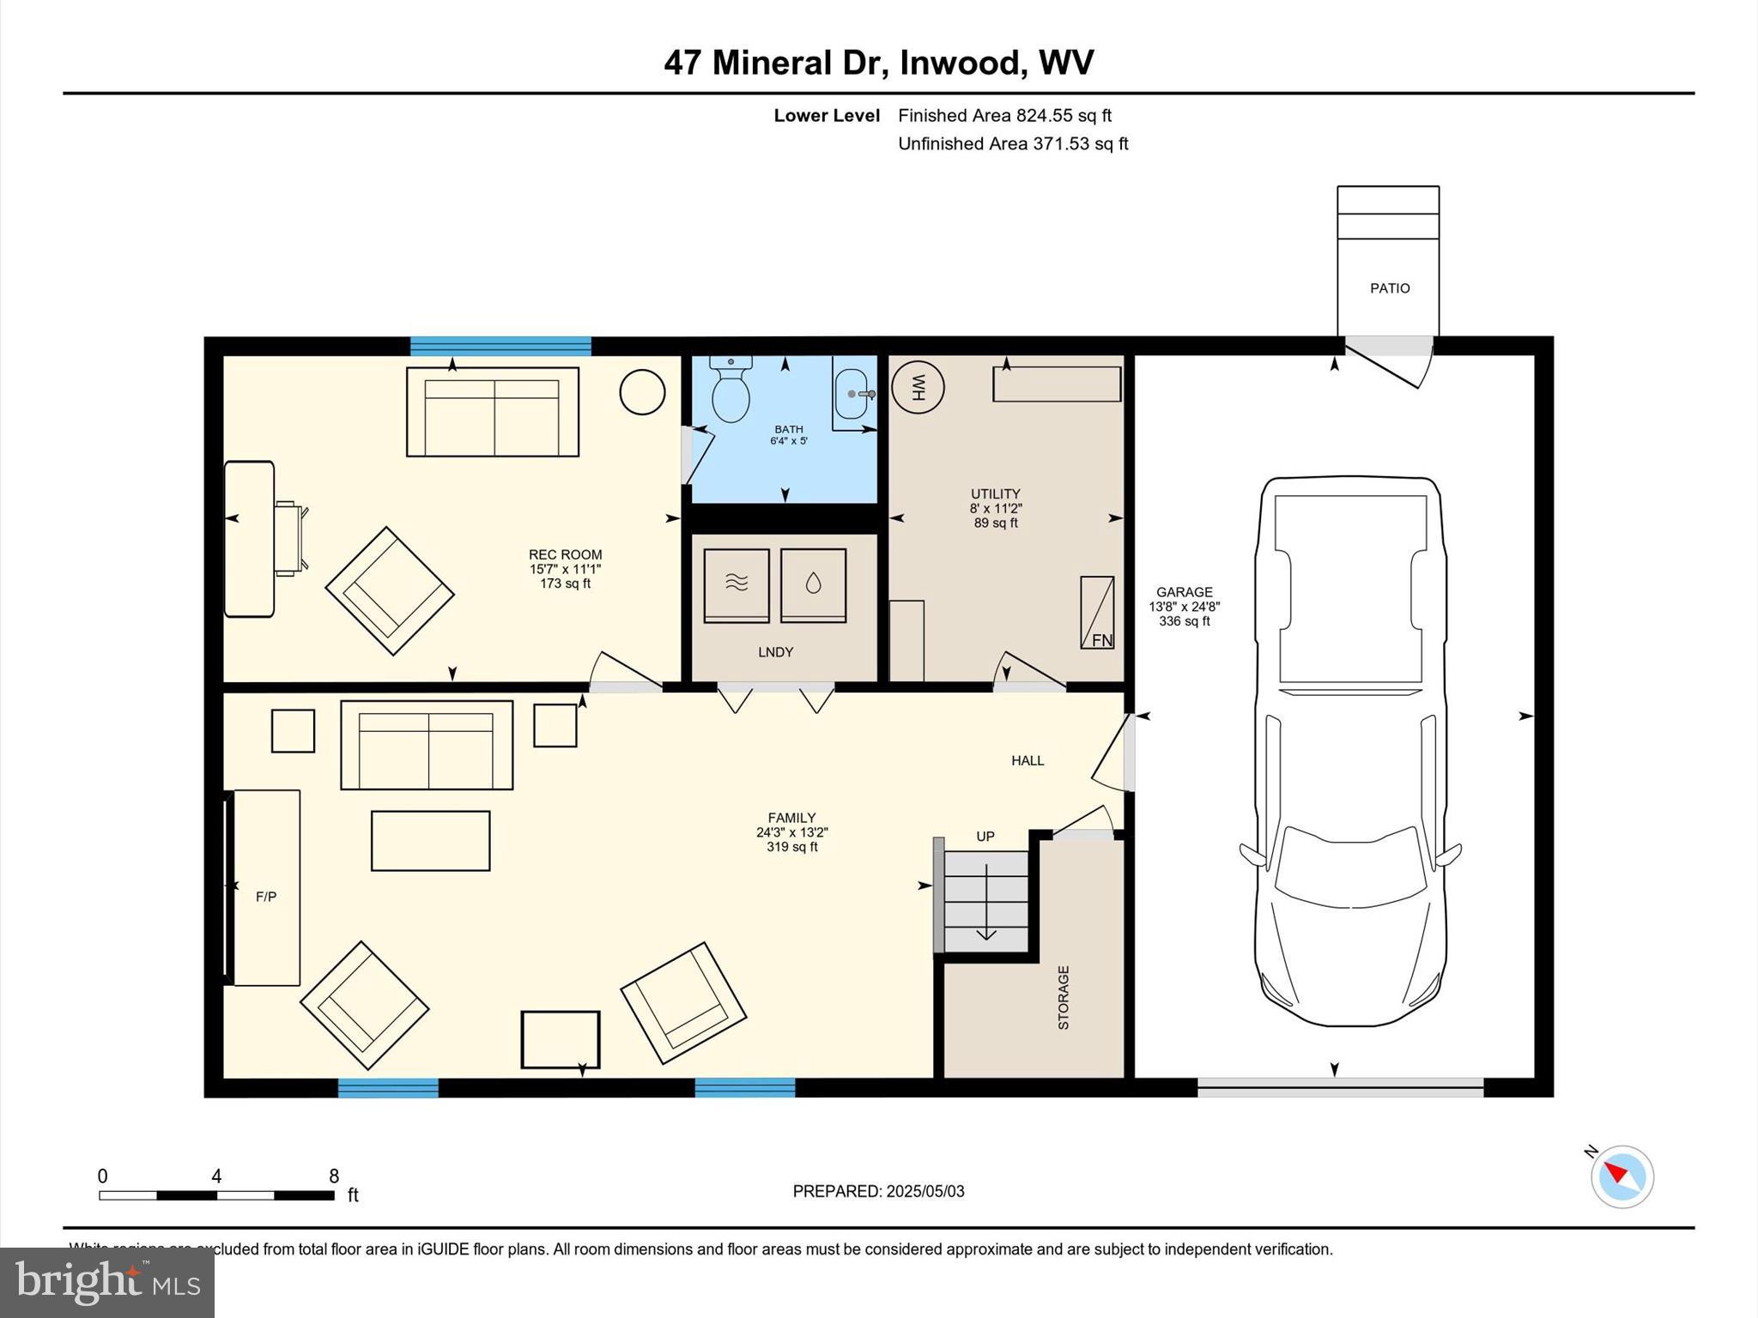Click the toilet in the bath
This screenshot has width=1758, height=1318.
[x=730, y=391]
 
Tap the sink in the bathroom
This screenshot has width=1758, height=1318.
[x=852, y=395]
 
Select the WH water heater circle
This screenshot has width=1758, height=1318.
[x=918, y=387]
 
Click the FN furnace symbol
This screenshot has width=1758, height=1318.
[x=1097, y=613]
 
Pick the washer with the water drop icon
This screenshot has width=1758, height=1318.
[x=813, y=585]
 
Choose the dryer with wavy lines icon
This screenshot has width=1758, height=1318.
[x=737, y=585]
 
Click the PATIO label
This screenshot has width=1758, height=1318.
[x=1389, y=288]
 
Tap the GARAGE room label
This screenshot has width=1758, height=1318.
[x=1184, y=592]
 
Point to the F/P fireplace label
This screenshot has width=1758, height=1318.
[x=266, y=897]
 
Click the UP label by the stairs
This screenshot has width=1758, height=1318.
[x=985, y=836]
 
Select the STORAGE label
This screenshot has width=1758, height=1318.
[x=1064, y=997]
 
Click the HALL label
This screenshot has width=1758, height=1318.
[x=1028, y=760]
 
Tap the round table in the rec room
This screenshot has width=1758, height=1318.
[x=642, y=391]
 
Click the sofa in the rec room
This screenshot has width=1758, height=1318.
[x=492, y=412]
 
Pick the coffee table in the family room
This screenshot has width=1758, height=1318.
[x=430, y=841]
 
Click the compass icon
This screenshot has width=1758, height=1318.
[x=1622, y=1176]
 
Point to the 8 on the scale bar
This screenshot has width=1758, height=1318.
[x=334, y=1176]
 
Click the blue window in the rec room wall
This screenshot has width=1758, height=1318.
[x=500, y=346]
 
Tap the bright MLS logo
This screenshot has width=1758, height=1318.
[x=107, y=1283]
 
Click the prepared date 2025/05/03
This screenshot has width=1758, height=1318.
[x=924, y=1191]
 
